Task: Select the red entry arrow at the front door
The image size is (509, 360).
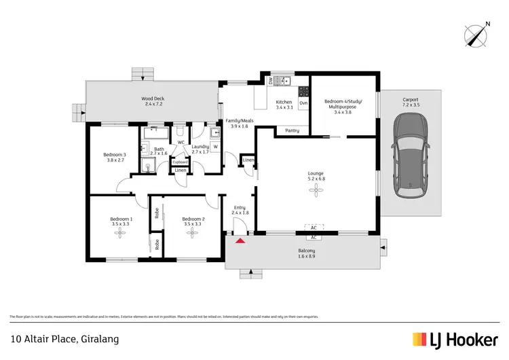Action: (x=239, y=239)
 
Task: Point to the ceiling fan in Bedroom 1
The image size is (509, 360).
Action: (x=121, y=233)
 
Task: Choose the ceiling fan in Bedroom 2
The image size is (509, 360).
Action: (x=193, y=233)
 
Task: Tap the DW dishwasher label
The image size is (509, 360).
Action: (x=271, y=81)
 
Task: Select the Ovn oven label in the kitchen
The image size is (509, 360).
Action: (x=303, y=103)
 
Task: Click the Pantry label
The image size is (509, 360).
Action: (x=293, y=130)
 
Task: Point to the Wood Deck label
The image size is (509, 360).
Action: (x=153, y=98)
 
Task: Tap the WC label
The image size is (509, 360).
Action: (x=181, y=142)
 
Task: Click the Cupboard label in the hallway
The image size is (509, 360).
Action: (x=180, y=162)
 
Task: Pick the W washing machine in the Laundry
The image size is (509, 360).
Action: (x=215, y=147)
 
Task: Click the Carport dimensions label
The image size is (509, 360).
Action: (x=411, y=105)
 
